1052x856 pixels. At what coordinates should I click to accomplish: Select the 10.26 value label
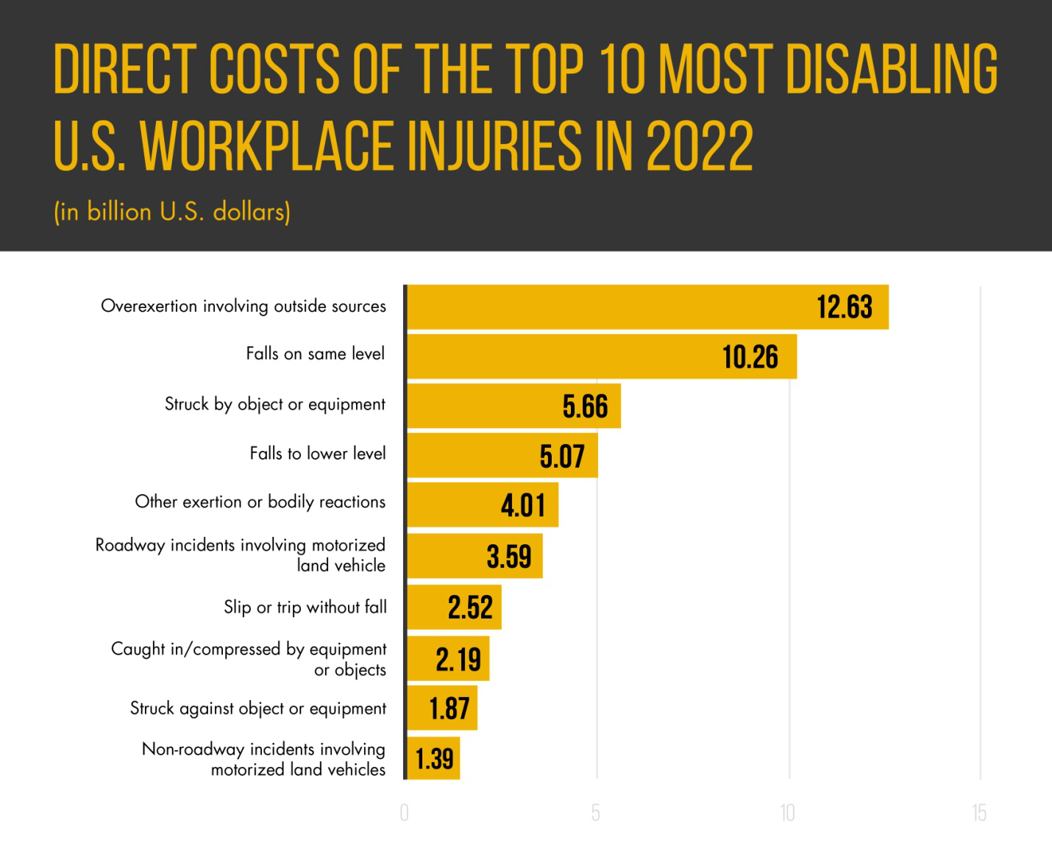(750, 357)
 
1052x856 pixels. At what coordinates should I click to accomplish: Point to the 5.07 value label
(562, 457)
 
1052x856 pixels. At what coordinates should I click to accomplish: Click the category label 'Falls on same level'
(315, 354)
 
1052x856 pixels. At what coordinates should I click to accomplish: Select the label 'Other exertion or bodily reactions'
(260, 502)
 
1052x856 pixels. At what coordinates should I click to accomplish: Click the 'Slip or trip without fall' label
(305, 607)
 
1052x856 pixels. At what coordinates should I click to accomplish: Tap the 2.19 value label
(458, 660)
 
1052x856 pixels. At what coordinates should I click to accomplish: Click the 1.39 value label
(434, 759)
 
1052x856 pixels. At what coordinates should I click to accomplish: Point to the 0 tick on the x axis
(404, 813)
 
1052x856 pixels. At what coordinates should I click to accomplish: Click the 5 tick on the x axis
(595, 813)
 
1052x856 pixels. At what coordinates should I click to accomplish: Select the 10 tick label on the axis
(787, 813)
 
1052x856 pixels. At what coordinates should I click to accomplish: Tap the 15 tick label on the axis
(978, 813)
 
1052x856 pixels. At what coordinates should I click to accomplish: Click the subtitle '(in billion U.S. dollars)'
(172, 212)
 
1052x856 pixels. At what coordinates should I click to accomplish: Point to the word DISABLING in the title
(892, 69)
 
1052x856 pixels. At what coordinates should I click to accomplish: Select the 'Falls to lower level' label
(317, 454)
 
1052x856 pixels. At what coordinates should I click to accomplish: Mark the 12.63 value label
(845, 307)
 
